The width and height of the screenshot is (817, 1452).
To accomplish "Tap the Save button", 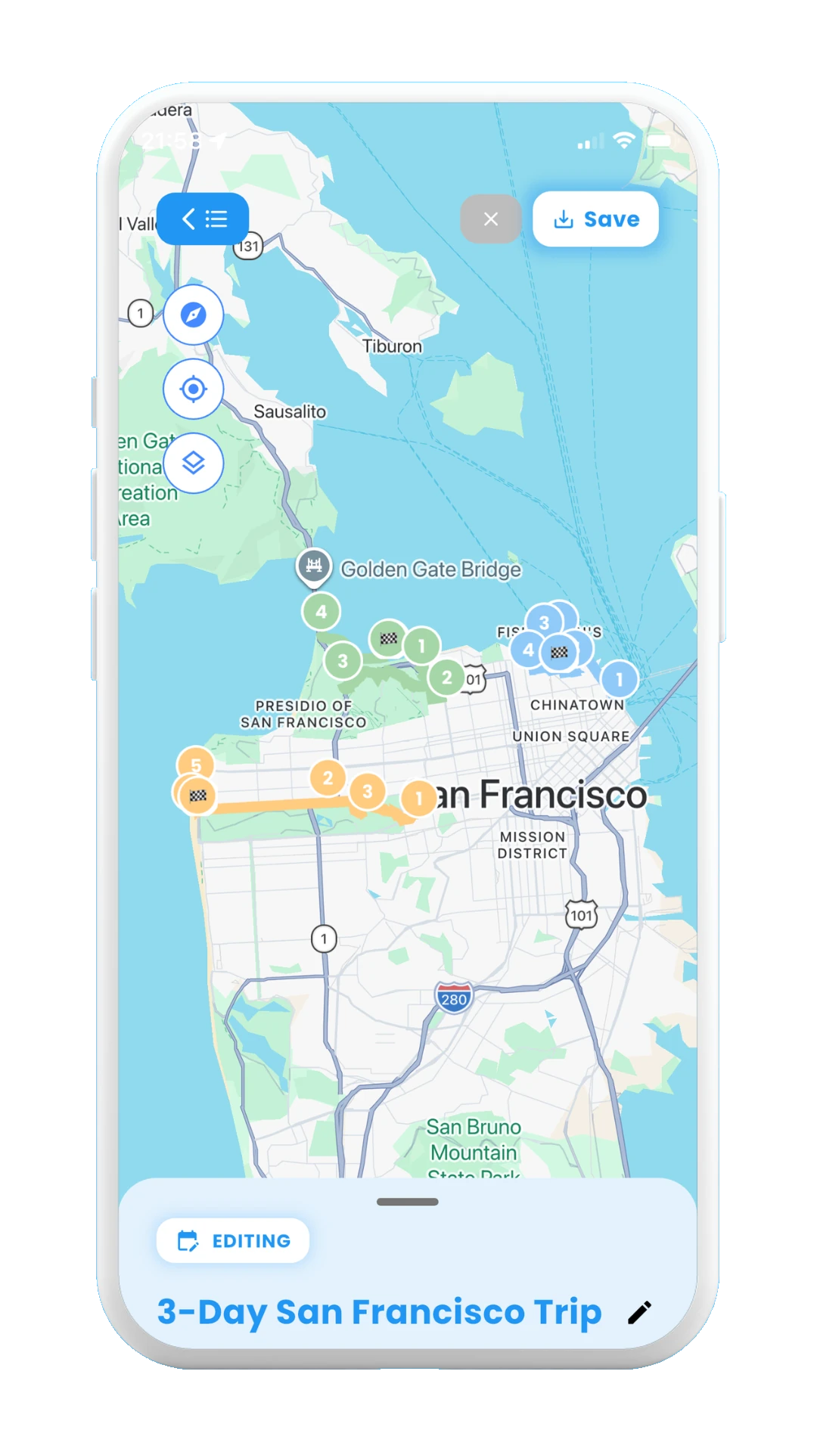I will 595,219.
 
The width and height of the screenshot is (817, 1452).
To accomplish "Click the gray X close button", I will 491,219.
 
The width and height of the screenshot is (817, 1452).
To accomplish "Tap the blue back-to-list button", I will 203,219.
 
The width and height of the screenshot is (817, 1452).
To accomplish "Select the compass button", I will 194,315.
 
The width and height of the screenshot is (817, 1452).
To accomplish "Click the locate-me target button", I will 194,389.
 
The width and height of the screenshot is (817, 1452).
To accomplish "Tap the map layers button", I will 194,463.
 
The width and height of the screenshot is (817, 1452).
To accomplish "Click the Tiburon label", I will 392,346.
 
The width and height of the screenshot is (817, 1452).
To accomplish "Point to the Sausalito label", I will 290,412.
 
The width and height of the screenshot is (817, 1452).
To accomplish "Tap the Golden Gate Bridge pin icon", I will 314,566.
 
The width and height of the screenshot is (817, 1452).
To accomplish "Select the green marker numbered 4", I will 322,612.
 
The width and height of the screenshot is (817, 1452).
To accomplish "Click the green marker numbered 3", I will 343,661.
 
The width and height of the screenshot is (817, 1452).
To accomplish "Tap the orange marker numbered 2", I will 328,778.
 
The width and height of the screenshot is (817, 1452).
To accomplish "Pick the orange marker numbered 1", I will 418,798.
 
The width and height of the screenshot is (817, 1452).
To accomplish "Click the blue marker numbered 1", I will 620,679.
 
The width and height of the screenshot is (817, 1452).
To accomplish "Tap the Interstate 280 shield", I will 454,998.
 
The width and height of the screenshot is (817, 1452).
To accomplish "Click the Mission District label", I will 533,845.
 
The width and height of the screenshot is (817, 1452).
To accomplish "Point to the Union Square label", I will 571,737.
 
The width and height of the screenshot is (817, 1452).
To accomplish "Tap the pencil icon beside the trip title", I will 639,1313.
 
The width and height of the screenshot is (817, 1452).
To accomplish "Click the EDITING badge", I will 233,1241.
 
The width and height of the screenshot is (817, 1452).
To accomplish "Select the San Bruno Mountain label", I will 474,1140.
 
